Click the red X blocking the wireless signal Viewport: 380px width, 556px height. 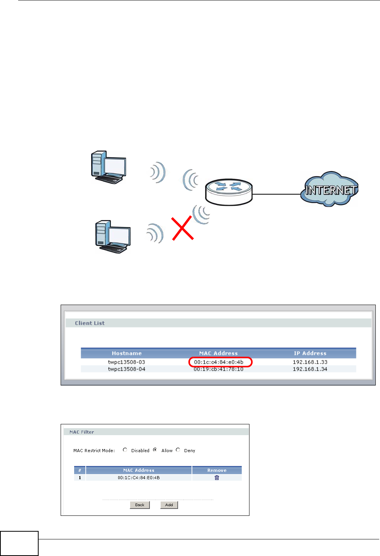click(183, 228)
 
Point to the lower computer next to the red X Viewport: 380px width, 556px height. click(113, 237)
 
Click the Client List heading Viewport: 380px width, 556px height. click(90, 323)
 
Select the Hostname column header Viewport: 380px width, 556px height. click(127, 353)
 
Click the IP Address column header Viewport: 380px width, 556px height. click(310, 353)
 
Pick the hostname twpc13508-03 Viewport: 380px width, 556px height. click(127, 362)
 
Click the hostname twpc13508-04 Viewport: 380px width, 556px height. click(127, 369)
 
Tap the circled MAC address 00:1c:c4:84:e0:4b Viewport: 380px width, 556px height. click(219, 362)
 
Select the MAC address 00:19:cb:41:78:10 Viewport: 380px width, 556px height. click(219, 369)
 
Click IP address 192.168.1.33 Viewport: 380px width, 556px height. click(310, 362)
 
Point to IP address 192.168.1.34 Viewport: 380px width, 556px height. click(310, 369)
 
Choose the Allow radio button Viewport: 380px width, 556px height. click(155, 450)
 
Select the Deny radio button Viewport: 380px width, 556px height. click(178, 450)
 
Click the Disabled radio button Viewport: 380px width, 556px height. click(125, 450)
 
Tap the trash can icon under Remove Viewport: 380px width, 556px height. click(217, 478)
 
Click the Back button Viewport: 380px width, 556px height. click(139, 505)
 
